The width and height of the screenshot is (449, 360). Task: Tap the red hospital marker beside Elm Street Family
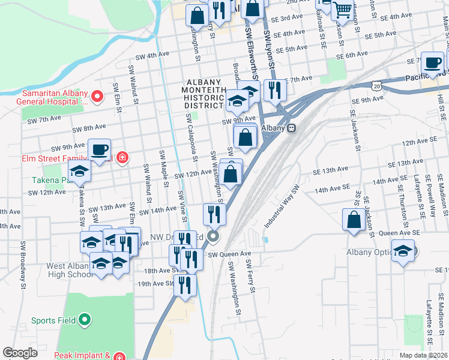[x=122, y=158]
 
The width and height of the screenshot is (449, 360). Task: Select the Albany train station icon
[x=292, y=128]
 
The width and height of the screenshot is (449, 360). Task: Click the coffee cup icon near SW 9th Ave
[x=99, y=149]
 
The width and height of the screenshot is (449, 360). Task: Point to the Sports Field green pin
[x=85, y=320]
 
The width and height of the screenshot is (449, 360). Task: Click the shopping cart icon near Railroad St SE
[x=342, y=8]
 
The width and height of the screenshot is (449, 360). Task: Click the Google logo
[x=20, y=353]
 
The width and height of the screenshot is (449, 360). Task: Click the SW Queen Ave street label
[x=229, y=254]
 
